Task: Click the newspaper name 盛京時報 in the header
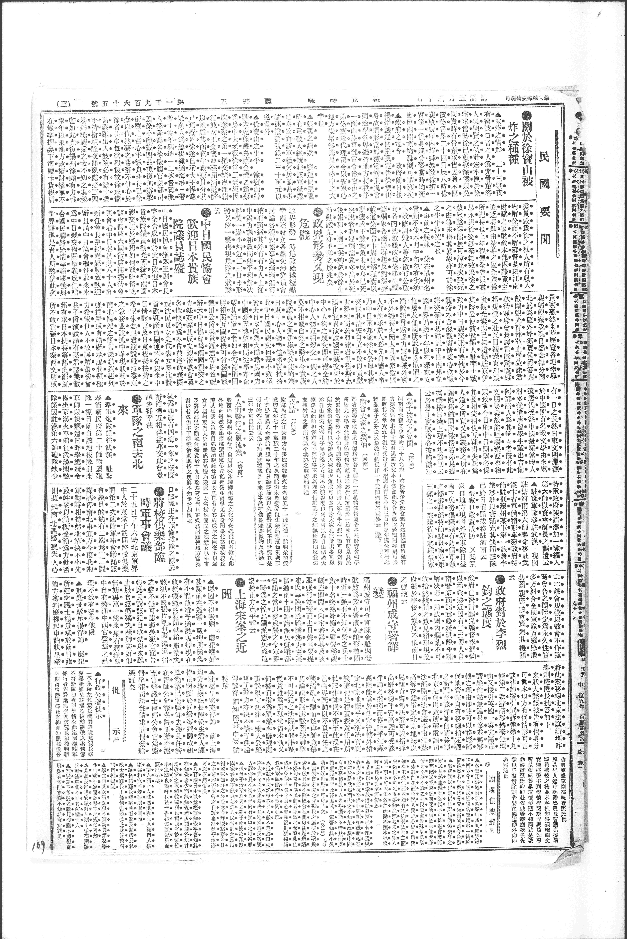(x=336, y=103)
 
